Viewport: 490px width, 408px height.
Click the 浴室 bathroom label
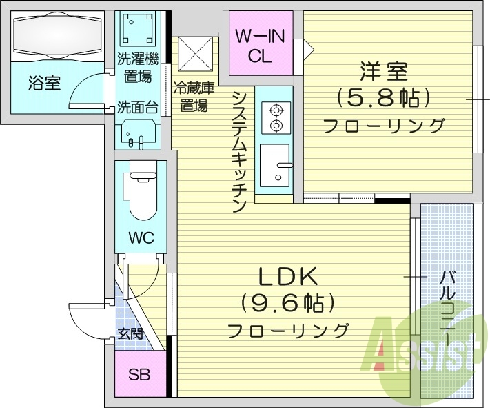coord(44,84)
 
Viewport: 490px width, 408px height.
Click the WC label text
coord(141,238)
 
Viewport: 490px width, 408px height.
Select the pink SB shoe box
coord(140,376)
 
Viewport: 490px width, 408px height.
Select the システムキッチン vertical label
coord(239,151)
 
